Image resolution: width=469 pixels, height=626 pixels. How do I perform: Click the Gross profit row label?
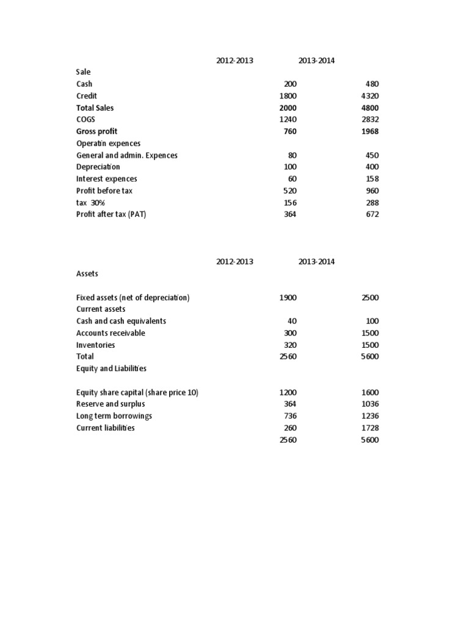pos(96,131)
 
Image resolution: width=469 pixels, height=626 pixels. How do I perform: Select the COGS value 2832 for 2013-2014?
pos(369,120)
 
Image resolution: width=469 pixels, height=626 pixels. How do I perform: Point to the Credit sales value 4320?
pos(369,96)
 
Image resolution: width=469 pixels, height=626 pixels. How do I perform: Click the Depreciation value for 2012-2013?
pos(290,167)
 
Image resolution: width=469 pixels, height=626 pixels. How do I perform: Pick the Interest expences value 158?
pos(371,179)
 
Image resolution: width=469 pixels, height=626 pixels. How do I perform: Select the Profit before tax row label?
pos(104,191)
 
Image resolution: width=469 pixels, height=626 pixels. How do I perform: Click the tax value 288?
pos(371,202)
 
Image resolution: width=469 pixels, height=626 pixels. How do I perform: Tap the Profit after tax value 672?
pos(371,214)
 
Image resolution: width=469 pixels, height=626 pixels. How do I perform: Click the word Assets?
pos(87,274)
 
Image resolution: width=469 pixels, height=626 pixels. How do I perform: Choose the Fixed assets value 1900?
pos(288,298)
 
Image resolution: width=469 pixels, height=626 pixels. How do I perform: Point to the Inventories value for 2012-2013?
pos(290,345)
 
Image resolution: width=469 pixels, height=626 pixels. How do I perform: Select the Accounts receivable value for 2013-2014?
pos(369,333)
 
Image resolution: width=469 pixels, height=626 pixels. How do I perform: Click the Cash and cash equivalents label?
pos(121,321)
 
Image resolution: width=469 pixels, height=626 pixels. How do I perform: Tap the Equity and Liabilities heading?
pos(111,369)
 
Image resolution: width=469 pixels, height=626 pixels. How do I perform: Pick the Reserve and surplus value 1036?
pos(369,404)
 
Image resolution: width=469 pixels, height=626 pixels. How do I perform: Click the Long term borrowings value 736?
pos(290,416)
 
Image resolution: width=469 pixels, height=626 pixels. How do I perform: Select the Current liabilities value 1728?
pos(369,428)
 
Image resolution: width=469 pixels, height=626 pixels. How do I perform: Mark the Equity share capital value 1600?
pos(369,392)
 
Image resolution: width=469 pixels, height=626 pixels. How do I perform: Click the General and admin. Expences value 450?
pos(371,155)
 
